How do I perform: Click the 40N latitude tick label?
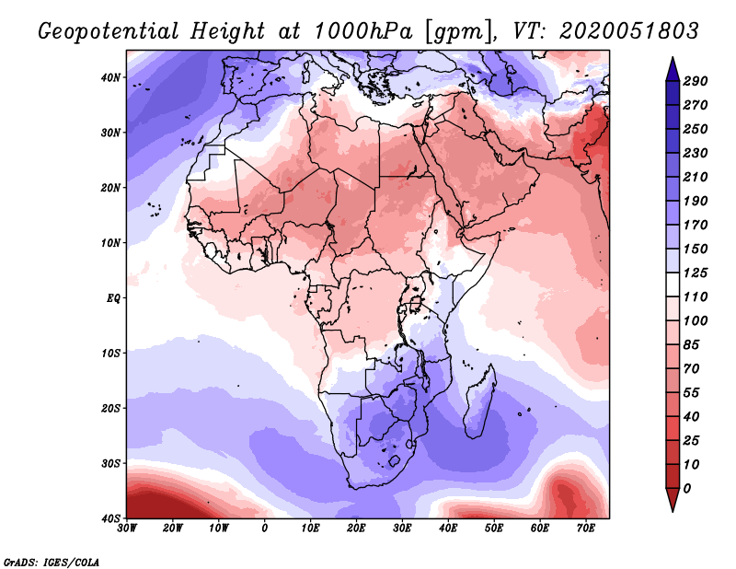pos(110,77)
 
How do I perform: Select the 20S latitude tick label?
pos(110,408)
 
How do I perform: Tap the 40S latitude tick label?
pos(110,517)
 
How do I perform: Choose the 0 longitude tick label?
pos(265,528)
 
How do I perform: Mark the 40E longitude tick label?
pos(448,528)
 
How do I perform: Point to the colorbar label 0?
pos(688,488)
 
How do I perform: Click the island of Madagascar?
pos(480,401)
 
